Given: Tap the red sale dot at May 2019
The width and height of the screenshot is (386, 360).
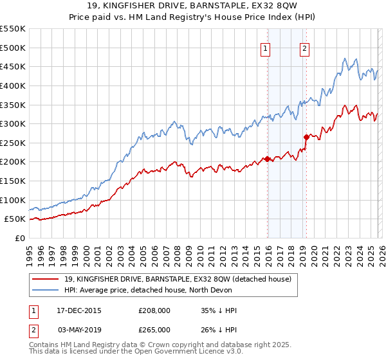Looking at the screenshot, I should (306, 137).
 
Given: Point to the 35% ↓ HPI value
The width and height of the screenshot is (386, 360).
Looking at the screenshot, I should (219, 310).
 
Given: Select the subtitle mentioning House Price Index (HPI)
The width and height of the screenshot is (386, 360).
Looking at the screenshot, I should (193, 19).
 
